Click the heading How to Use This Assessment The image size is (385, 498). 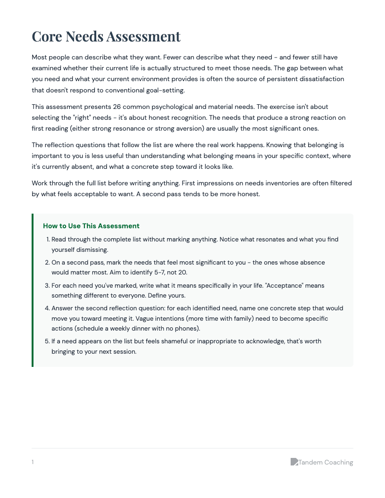[x=91, y=226]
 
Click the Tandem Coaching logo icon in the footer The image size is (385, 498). [x=294, y=462]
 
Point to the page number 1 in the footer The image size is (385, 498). [x=33, y=462]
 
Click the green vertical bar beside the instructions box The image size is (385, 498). [x=33, y=290]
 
